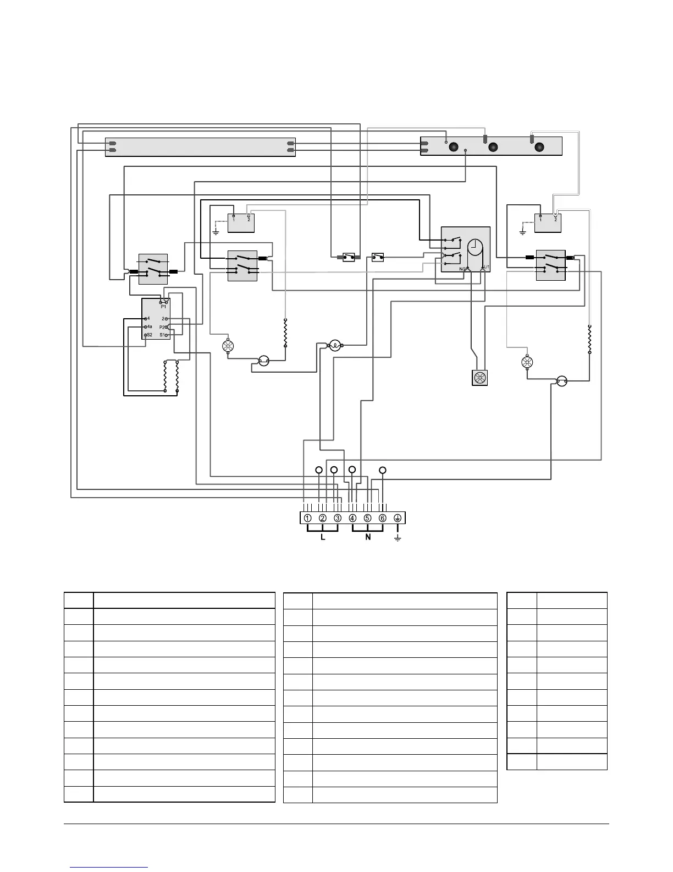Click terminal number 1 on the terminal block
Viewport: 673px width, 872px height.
[308, 518]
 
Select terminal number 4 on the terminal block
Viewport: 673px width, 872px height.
[352, 518]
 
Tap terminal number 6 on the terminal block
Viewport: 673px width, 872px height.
[382, 518]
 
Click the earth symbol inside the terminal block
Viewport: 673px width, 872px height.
[398, 518]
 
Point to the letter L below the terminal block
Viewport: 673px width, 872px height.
[323, 537]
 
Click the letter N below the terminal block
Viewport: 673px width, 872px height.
[368, 537]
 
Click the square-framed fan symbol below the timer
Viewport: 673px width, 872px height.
[479, 378]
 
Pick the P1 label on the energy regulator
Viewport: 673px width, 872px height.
[163, 307]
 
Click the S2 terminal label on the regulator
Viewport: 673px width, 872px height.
[149, 335]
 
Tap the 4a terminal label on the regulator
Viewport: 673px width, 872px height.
[148, 327]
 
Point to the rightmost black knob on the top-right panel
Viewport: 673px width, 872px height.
[539, 147]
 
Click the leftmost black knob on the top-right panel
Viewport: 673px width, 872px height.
[454, 147]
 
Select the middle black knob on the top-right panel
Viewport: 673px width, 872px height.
[493, 147]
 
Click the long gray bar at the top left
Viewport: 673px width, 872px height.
[200, 147]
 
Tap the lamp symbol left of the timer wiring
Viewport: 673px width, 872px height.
[335, 346]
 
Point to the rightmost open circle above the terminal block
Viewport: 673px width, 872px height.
[383, 470]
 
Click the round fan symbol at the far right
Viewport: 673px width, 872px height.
[527, 362]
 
